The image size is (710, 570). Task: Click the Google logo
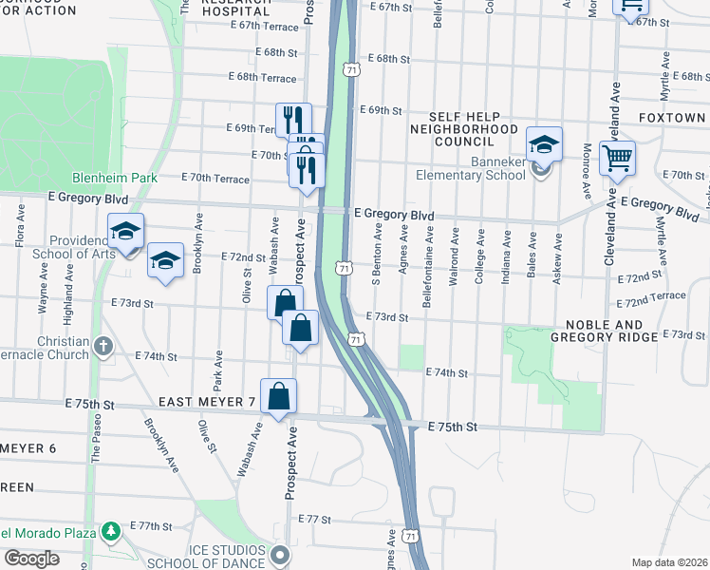(31, 559)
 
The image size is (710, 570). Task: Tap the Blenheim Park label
(108, 178)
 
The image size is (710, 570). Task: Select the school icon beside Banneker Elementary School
(544, 145)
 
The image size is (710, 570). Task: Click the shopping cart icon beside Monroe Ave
(617, 158)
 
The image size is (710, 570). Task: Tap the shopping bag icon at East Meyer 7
(278, 396)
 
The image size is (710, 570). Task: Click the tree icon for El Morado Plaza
(112, 529)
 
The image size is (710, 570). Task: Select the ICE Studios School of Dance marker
(278, 554)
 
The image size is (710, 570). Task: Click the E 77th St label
(313, 521)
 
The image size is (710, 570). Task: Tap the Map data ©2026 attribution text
(669, 562)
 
